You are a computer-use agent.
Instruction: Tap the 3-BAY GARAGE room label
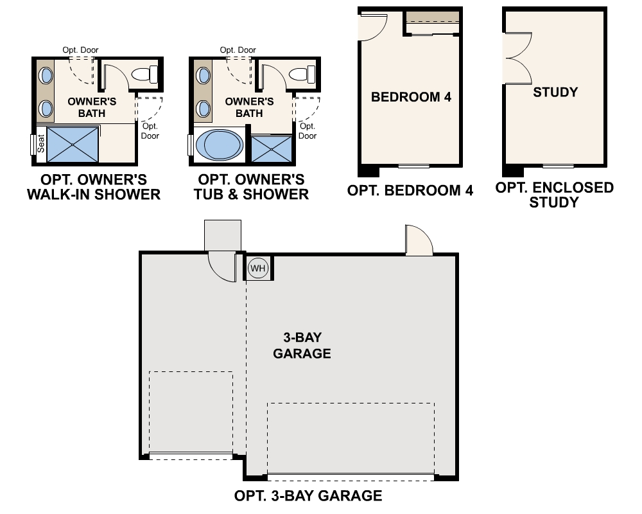(x=302, y=346)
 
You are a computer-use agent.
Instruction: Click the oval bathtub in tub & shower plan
(x=219, y=146)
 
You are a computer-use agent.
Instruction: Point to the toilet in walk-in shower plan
(x=146, y=75)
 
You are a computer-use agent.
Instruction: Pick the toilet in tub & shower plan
(x=303, y=75)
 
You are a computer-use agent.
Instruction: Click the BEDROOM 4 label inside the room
(x=411, y=98)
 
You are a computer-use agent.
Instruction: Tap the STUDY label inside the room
(x=555, y=92)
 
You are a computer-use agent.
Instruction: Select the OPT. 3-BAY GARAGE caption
(x=308, y=495)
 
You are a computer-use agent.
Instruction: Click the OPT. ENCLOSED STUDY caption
(x=555, y=195)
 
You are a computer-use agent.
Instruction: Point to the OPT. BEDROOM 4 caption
(x=410, y=191)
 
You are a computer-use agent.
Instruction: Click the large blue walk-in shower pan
(x=73, y=145)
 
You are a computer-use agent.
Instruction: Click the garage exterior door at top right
(x=417, y=241)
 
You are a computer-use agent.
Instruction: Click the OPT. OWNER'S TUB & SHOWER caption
(x=251, y=186)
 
